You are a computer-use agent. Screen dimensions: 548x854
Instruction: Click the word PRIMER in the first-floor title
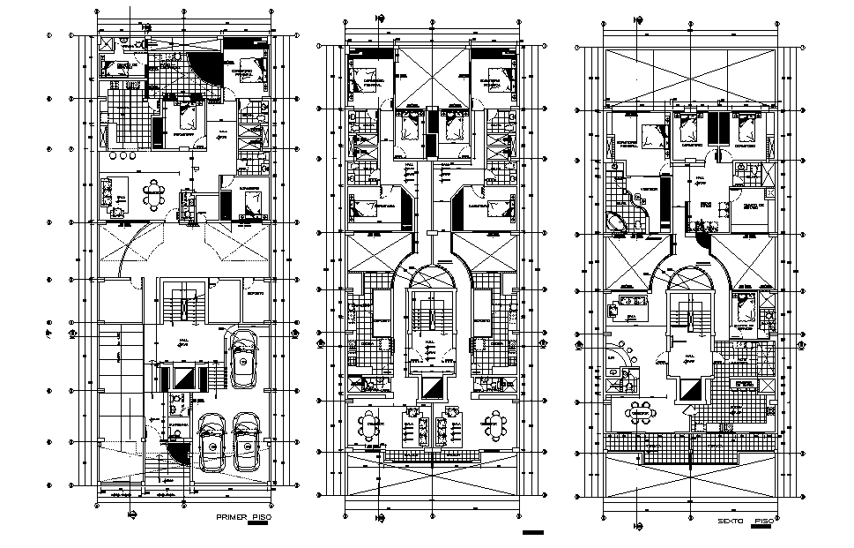[230, 516]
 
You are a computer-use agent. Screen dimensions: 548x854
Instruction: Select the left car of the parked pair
[212, 446]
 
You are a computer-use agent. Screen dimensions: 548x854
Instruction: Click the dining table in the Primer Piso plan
[155, 199]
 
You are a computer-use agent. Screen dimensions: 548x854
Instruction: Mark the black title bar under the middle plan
[533, 533]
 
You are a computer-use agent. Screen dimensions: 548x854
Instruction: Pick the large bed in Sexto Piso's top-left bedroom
[650, 138]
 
